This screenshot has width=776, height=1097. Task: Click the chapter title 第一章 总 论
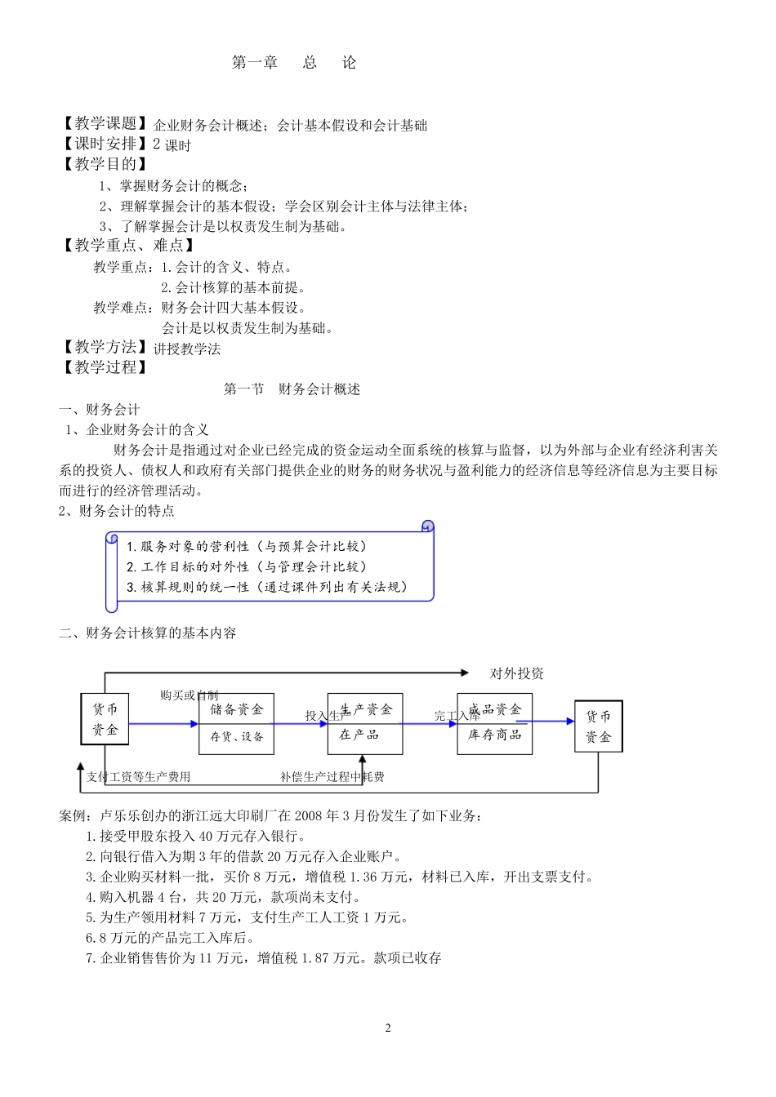pos(294,63)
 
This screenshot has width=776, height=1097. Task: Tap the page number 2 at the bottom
pos(388,1028)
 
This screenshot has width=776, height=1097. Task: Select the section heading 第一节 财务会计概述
pos(292,389)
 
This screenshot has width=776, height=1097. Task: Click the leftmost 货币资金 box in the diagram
pos(105,719)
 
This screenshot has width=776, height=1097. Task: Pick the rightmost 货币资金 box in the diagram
pos(598,726)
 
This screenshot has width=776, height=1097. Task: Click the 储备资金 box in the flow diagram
pos(236,709)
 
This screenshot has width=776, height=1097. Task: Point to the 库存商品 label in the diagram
pos(494,735)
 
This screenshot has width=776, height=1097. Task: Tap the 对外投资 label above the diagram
pos(516,673)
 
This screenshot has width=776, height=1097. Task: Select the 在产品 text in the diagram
pos(359,735)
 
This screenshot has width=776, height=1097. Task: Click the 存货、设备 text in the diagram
pos(236,737)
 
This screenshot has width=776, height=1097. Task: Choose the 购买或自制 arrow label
pos(189,695)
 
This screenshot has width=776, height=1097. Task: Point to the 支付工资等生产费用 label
pos(138,777)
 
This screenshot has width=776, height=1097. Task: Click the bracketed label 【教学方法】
pos(105,348)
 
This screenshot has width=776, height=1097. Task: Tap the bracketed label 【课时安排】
pos(105,144)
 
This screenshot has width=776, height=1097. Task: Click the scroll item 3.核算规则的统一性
pos(266,587)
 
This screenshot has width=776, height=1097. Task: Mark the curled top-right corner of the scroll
pos(426,526)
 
